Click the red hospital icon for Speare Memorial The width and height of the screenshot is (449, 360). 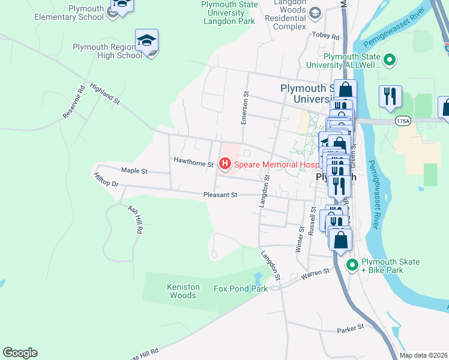pyautogui.click(x=225, y=163)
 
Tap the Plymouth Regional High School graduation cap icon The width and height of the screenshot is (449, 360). pyautogui.click(x=146, y=41)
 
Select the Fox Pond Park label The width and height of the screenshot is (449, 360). pyautogui.click(x=240, y=289)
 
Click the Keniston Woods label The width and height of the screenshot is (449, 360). pyautogui.click(x=183, y=291)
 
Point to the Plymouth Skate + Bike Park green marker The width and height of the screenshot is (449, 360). pyautogui.click(x=352, y=263)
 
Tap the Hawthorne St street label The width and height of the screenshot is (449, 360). pyautogui.click(x=193, y=162)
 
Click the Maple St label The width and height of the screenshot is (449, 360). pyautogui.click(x=134, y=171)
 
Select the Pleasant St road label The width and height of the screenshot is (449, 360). pyautogui.click(x=220, y=195)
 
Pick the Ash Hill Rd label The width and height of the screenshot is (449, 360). pyautogui.click(x=135, y=219)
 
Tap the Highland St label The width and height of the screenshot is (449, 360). pyautogui.click(x=106, y=95)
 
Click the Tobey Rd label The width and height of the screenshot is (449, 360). pyautogui.click(x=326, y=36)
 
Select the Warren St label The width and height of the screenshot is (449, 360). pyautogui.click(x=316, y=272)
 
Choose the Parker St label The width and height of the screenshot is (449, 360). pyautogui.click(x=351, y=328)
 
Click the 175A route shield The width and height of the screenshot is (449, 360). pyautogui.click(x=403, y=121)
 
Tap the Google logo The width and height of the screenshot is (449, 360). pyautogui.click(x=20, y=353)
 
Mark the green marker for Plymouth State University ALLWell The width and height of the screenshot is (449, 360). pyautogui.click(x=389, y=60)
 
